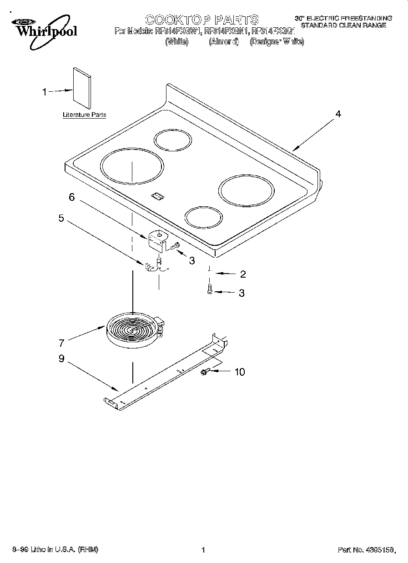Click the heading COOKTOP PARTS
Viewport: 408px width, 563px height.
pyautogui.click(x=201, y=20)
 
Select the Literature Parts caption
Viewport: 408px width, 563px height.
pyautogui.click(x=84, y=115)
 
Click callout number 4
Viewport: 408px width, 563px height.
pyautogui.click(x=337, y=114)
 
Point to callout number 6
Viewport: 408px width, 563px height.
pyautogui.click(x=71, y=197)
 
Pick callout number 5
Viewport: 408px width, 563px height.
pyautogui.click(x=61, y=218)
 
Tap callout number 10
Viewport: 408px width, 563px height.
pyautogui.click(x=239, y=372)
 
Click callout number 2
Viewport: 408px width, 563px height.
pyautogui.click(x=242, y=274)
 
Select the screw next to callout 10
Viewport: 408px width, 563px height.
pyautogui.click(x=204, y=372)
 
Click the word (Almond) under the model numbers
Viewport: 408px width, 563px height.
pyautogui.click(x=224, y=42)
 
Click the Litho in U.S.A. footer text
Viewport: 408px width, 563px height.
pyautogui.click(x=55, y=550)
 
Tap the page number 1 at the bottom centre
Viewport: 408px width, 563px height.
pyautogui.click(x=203, y=550)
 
